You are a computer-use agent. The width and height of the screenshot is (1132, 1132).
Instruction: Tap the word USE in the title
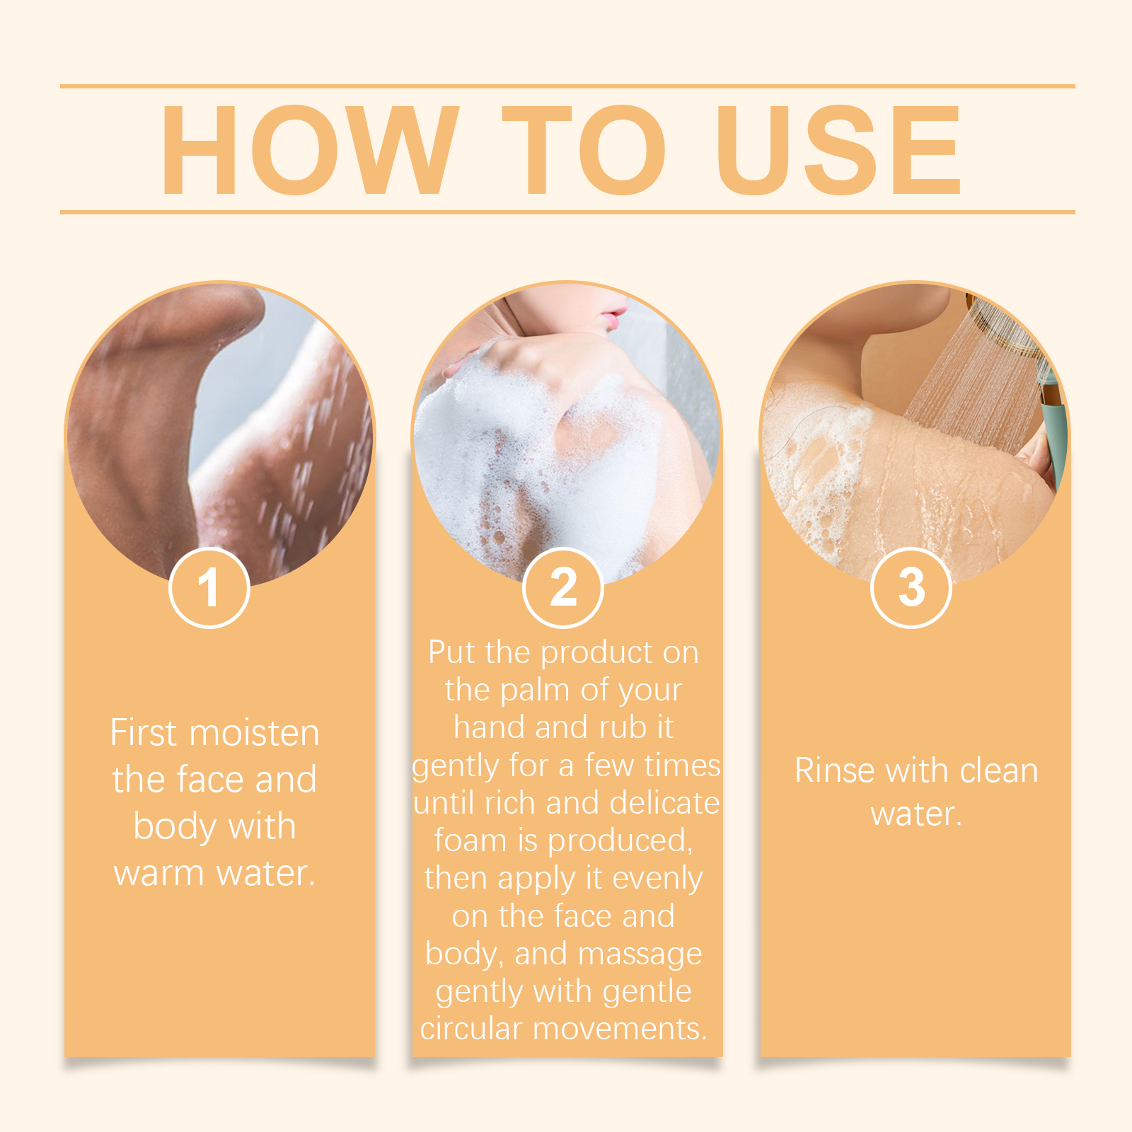(838, 149)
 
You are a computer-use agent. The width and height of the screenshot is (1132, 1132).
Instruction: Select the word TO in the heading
(584, 149)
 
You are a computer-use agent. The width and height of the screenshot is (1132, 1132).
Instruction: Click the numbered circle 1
(209, 587)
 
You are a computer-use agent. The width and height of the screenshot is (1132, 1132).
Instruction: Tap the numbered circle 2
(563, 587)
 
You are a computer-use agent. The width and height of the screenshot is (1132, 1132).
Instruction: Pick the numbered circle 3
(911, 587)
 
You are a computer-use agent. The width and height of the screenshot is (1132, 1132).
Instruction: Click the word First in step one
(143, 733)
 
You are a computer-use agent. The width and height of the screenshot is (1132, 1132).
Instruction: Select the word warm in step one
(159, 874)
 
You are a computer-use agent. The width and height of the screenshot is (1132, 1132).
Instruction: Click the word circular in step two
(472, 1029)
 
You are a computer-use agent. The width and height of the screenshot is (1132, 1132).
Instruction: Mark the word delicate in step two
(664, 803)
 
